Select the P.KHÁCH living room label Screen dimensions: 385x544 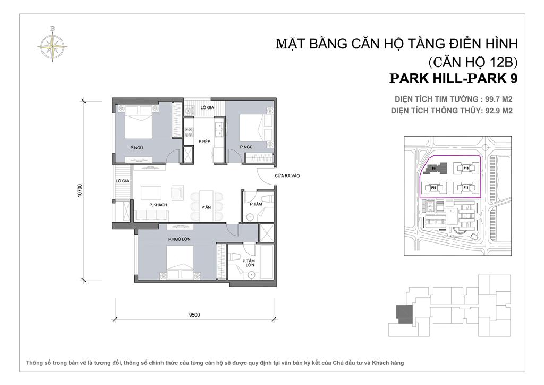(156, 204)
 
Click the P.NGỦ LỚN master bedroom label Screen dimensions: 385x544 (179, 239)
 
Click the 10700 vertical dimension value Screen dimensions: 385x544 (79, 190)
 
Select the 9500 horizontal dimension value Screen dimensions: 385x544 (194, 315)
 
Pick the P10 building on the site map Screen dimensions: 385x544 (465, 168)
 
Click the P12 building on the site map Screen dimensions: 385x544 (433, 188)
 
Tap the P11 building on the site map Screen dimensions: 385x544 (465, 188)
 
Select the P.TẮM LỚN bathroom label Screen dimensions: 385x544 (248, 264)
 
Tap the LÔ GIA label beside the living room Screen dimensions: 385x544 (123, 181)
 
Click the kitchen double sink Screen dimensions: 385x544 (217, 128)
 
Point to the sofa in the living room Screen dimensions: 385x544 (152, 214)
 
